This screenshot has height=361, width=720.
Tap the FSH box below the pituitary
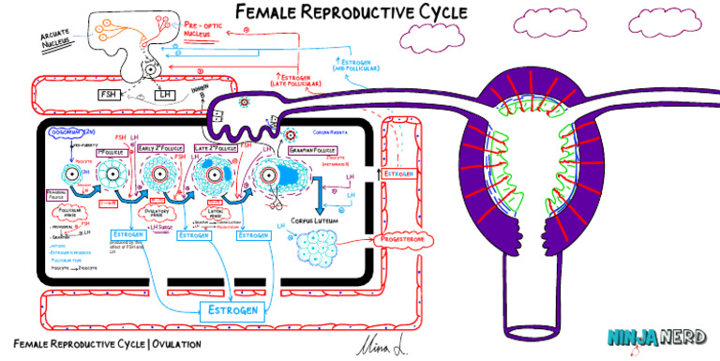click(110, 94)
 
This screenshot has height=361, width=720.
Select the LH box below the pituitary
click(165, 95)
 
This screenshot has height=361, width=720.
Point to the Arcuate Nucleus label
click(57, 38)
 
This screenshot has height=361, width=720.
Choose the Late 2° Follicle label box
click(217, 148)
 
